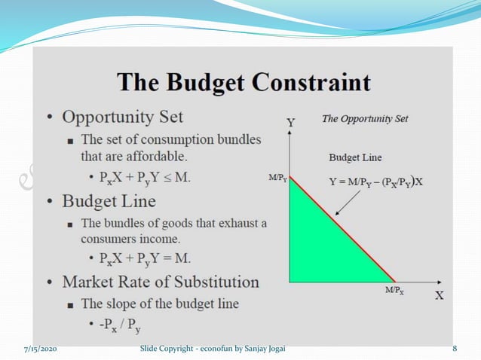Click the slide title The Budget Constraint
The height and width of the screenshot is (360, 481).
pyautogui.click(x=244, y=82)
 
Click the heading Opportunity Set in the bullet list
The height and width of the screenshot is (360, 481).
pyautogui.click(x=122, y=117)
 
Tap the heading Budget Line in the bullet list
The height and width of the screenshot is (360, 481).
pyautogui.click(x=109, y=201)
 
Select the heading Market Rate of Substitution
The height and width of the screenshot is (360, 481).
pyautogui.click(x=160, y=282)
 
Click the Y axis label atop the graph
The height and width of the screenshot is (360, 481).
pyautogui.click(x=290, y=121)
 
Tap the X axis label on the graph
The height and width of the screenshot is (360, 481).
pyautogui.click(x=439, y=295)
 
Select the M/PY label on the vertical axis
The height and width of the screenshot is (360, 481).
pyautogui.click(x=277, y=178)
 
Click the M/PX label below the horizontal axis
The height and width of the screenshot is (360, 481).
pyautogui.click(x=394, y=290)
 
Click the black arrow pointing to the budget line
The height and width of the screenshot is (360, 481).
pyautogui.click(x=348, y=200)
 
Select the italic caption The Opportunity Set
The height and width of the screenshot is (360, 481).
pyautogui.click(x=365, y=119)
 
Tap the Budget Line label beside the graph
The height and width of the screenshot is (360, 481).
pyautogui.click(x=355, y=157)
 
